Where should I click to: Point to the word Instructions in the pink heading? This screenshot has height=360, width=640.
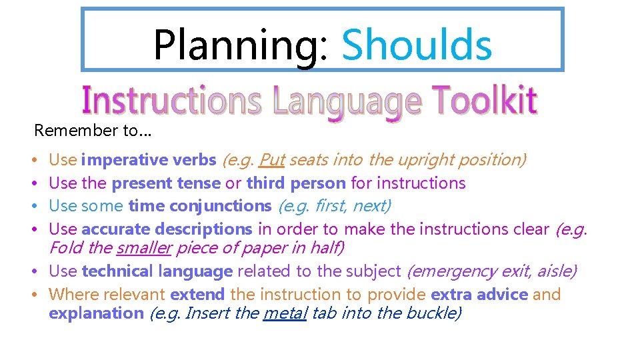pyautogui.click(x=171, y=101)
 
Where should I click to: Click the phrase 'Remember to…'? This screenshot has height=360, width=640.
pyautogui.click(x=93, y=130)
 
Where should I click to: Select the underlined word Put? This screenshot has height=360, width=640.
pyautogui.click(x=271, y=160)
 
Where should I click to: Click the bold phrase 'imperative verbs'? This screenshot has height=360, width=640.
pyautogui.click(x=149, y=160)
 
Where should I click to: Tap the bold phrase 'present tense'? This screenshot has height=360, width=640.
pyautogui.click(x=166, y=183)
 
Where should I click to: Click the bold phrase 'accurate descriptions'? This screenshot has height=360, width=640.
pyautogui.click(x=167, y=229)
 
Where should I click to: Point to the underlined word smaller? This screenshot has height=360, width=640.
pyautogui.click(x=144, y=248)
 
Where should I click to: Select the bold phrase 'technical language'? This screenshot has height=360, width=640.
pyautogui.click(x=157, y=271)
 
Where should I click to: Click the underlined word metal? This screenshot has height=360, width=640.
pyautogui.click(x=285, y=313)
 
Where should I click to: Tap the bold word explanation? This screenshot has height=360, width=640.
pyautogui.click(x=96, y=313)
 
